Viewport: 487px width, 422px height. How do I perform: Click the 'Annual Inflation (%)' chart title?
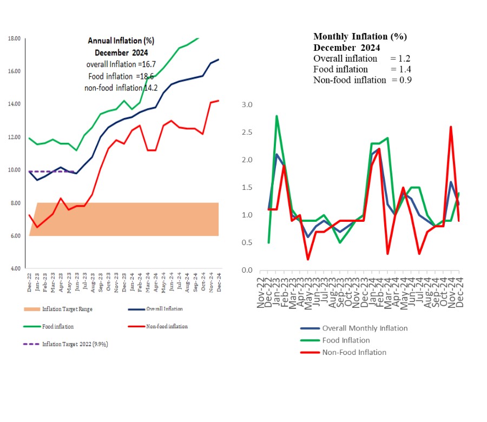pyautogui.click(x=121, y=41)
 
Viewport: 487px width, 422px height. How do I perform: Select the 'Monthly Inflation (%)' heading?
pyautogui.click(x=360, y=37)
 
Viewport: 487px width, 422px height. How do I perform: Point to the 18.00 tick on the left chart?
pyautogui.click(x=14, y=39)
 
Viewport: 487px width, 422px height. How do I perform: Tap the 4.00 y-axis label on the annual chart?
pyautogui.click(x=14, y=268)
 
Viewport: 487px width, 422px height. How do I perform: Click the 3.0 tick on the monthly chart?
pyautogui.click(x=247, y=104)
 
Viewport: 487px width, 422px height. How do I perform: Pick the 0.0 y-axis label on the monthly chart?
pyautogui.click(x=247, y=270)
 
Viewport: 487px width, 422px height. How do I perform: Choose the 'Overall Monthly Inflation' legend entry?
pyautogui.click(x=365, y=328)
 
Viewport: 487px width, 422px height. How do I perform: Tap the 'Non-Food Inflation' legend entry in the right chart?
pyautogui.click(x=354, y=352)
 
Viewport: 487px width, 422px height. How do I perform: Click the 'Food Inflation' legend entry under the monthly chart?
pyautogui.click(x=346, y=340)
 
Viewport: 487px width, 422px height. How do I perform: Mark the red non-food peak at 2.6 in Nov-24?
pyautogui.click(x=451, y=127)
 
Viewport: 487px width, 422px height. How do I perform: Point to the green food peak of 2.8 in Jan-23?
pyautogui.click(x=277, y=116)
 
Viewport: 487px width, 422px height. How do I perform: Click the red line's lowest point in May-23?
pyautogui.click(x=307, y=259)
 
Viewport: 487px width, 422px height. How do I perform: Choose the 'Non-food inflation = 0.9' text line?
pyautogui.click(x=359, y=80)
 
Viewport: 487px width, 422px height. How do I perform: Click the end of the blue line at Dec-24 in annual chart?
pyautogui.click(x=219, y=60)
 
